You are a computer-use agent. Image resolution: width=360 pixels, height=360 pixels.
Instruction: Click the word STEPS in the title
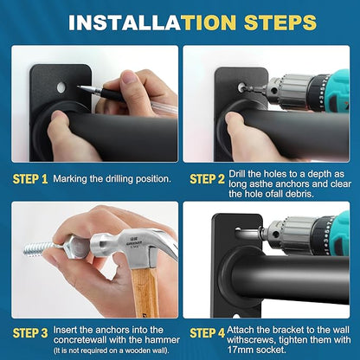coord(280,22)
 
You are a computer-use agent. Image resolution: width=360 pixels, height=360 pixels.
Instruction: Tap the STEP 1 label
coord(30,179)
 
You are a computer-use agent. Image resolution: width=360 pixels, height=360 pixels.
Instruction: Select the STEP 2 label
coord(207,179)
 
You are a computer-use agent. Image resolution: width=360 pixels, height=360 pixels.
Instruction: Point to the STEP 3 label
coord(30,333)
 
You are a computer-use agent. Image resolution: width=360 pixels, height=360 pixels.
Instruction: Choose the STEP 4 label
coord(207,333)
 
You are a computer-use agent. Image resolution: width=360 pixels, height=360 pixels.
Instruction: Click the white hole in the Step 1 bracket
coord(61,87)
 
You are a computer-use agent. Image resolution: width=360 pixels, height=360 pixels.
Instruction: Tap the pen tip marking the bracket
coord(80,87)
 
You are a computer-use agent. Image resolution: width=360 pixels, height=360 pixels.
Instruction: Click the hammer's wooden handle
coord(145,292)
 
